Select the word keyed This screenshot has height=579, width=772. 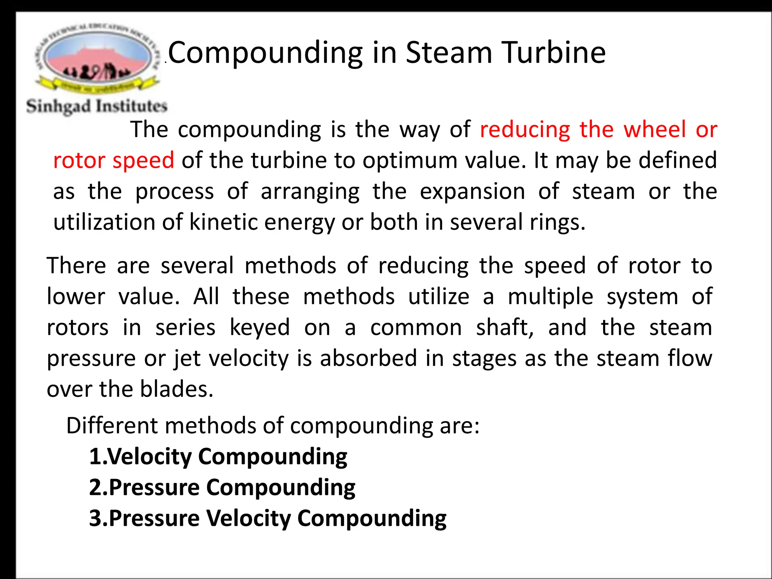click(260, 328)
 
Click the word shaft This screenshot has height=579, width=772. click(504, 328)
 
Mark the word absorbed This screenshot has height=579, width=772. click(368, 358)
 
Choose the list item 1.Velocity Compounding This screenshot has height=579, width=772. click(218, 457)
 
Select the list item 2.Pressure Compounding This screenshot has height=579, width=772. click(222, 488)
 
